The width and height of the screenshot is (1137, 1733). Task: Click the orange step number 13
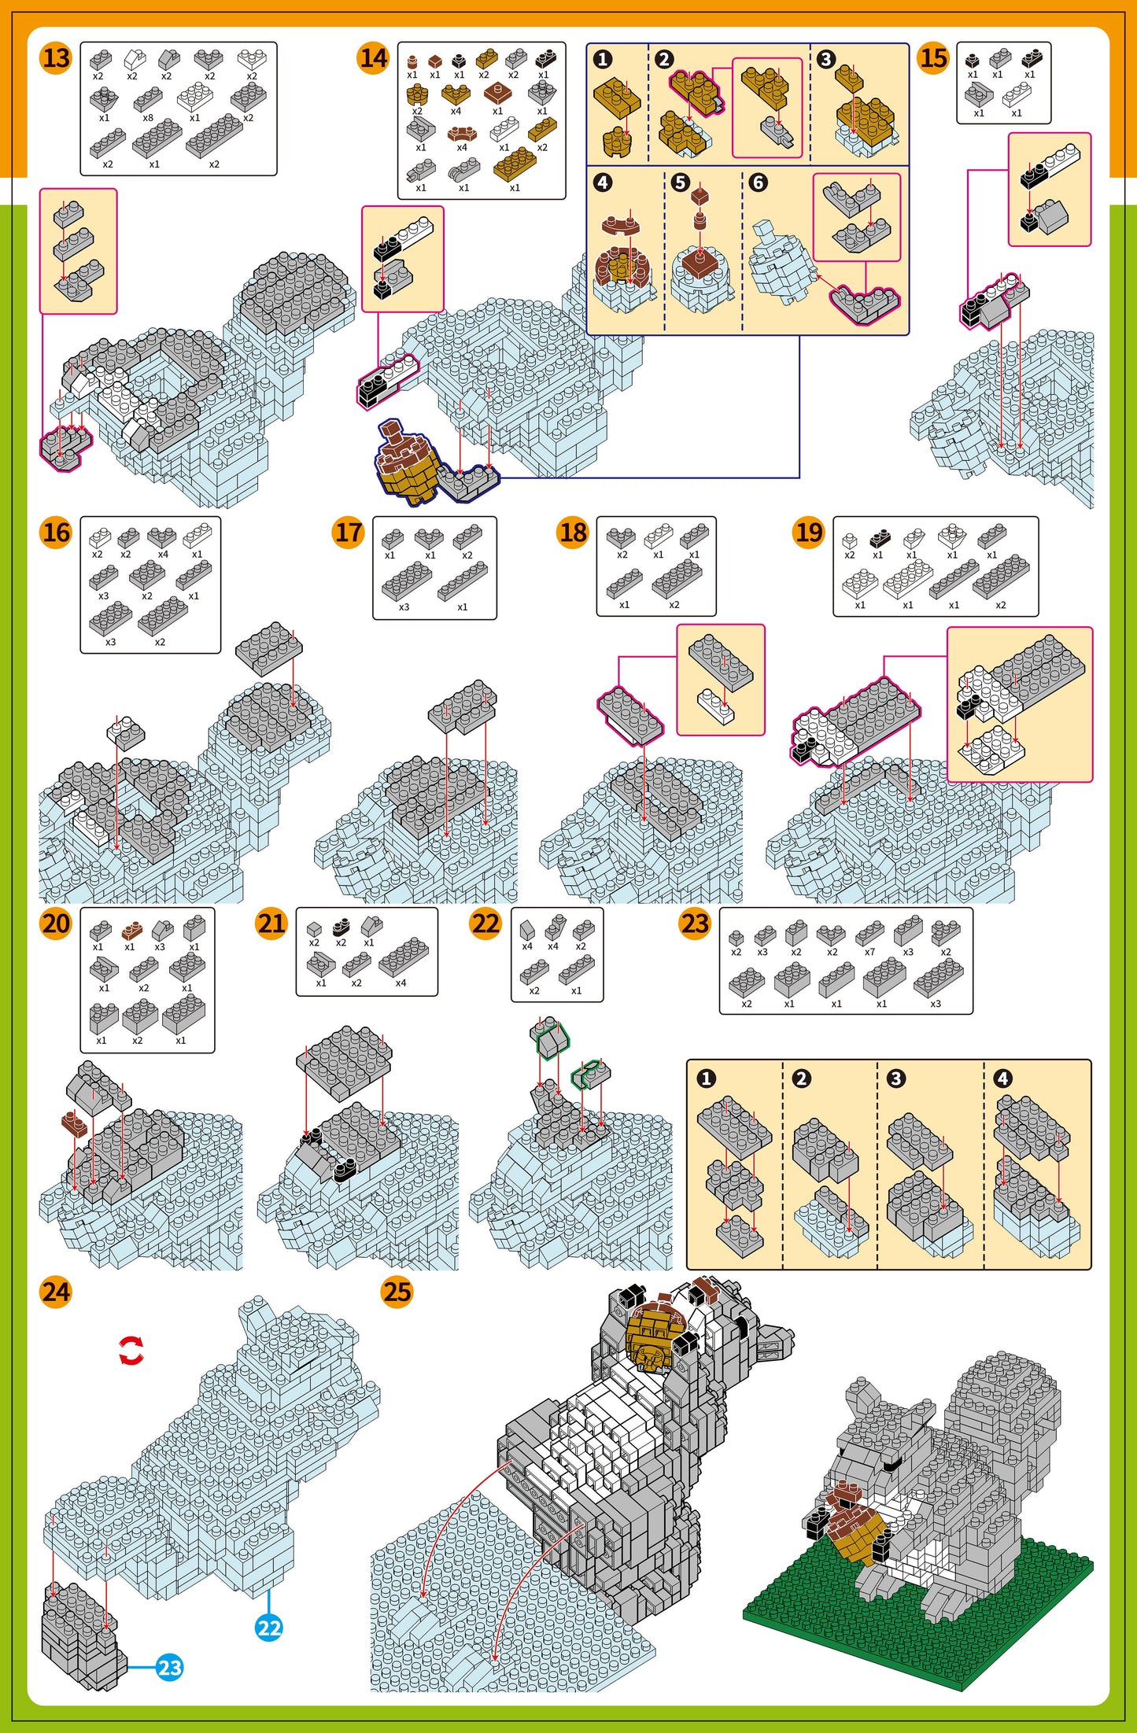[x=55, y=58]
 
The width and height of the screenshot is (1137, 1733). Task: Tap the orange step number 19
[x=808, y=533]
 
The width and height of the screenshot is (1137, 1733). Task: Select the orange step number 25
[x=397, y=1292]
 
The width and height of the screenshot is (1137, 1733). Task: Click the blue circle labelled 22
[x=269, y=1628]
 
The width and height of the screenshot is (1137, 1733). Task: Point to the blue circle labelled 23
[x=170, y=1667]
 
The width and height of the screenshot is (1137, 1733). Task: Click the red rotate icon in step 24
[x=131, y=1351]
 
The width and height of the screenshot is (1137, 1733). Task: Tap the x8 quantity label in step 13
[x=148, y=118]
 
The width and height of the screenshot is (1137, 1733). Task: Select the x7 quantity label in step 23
[x=869, y=952]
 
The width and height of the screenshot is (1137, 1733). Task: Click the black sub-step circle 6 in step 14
[x=758, y=183]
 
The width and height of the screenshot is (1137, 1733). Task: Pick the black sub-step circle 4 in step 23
[x=1002, y=1078]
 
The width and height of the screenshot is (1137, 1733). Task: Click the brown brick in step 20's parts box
[x=131, y=931]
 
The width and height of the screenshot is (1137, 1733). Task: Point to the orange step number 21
[x=271, y=923]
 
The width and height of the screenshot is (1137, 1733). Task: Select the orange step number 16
[x=55, y=533]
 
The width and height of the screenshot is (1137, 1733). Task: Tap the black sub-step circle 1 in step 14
[x=603, y=59]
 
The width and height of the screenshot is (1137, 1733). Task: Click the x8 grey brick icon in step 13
[x=148, y=98]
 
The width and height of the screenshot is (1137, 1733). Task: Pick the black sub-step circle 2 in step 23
[x=801, y=1078]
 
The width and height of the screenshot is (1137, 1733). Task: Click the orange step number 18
[x=573, y=533]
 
